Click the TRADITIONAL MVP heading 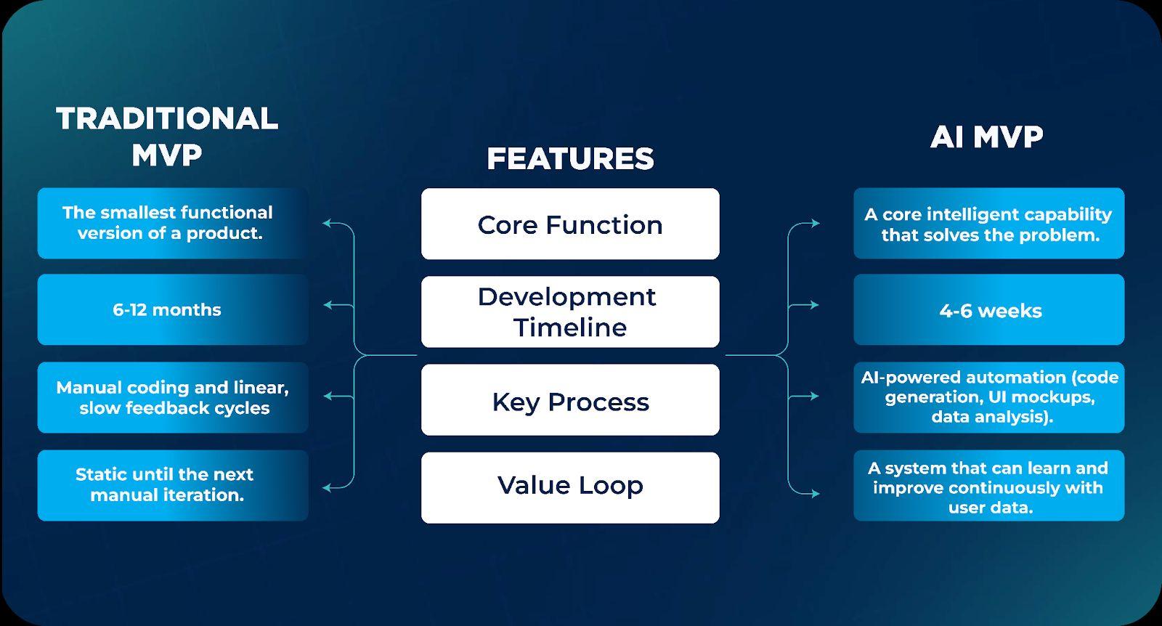click(x=167, y=137)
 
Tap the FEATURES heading click(x=570, y=159)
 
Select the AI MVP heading click(x=986, y=137)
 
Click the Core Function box click(x=570, y=224)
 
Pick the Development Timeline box click(x=570, y=312)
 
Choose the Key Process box click(x=570, y=400)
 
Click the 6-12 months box click(x=173, y=309)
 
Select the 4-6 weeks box click(x=988, y=310)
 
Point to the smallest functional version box click(x=173, y=223)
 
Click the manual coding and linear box click(x=173, y=397)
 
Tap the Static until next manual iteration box click(x=173, y=485)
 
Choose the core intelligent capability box click(x=988, y=224)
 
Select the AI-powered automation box click(x=988, y=397)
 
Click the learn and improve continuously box click(x=988, y=486)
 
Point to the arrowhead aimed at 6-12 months click(x=328, y=305)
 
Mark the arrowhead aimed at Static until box click(x=328, y=487)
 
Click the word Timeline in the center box click(x=570, y=328)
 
